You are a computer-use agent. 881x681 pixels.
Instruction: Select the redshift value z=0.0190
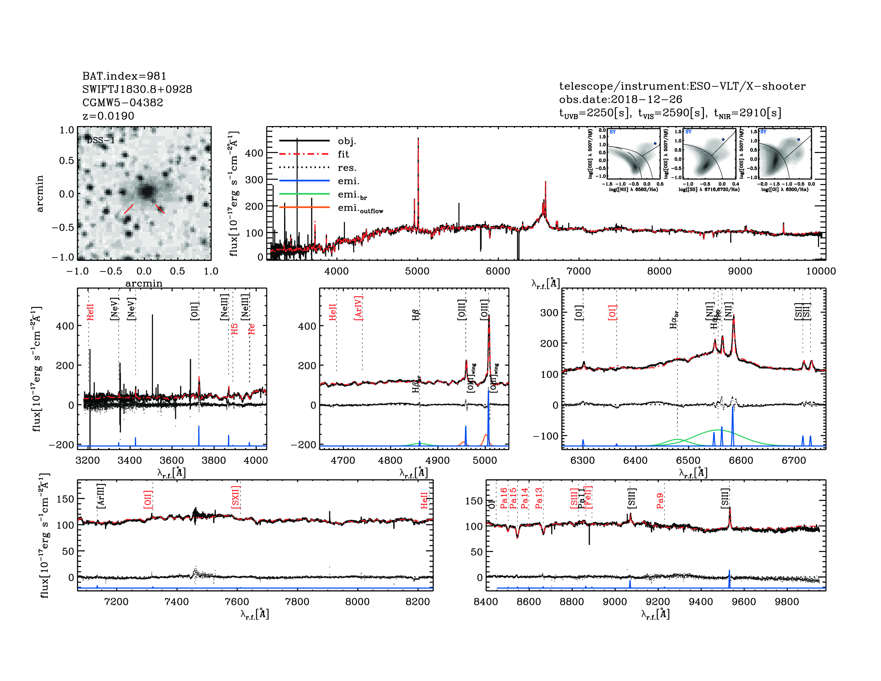coord(108,116)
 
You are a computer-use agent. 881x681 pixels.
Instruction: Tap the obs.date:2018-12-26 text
coord(620,99)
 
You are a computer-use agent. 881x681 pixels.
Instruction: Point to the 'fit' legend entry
coord(343,154)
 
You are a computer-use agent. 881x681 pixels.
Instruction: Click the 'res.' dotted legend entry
coord(347,168)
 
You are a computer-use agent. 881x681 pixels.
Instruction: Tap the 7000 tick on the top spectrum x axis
coord(579,271)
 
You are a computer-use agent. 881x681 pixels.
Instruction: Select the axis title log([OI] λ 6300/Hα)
coord(785,189)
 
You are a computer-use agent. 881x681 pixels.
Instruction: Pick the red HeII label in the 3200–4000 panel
coord(90,312)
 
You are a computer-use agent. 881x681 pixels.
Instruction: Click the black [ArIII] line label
coord(101,495)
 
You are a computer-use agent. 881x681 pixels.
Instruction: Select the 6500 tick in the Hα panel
coord(688,460)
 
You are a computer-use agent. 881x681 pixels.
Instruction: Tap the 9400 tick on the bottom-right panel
coord(701,601)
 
